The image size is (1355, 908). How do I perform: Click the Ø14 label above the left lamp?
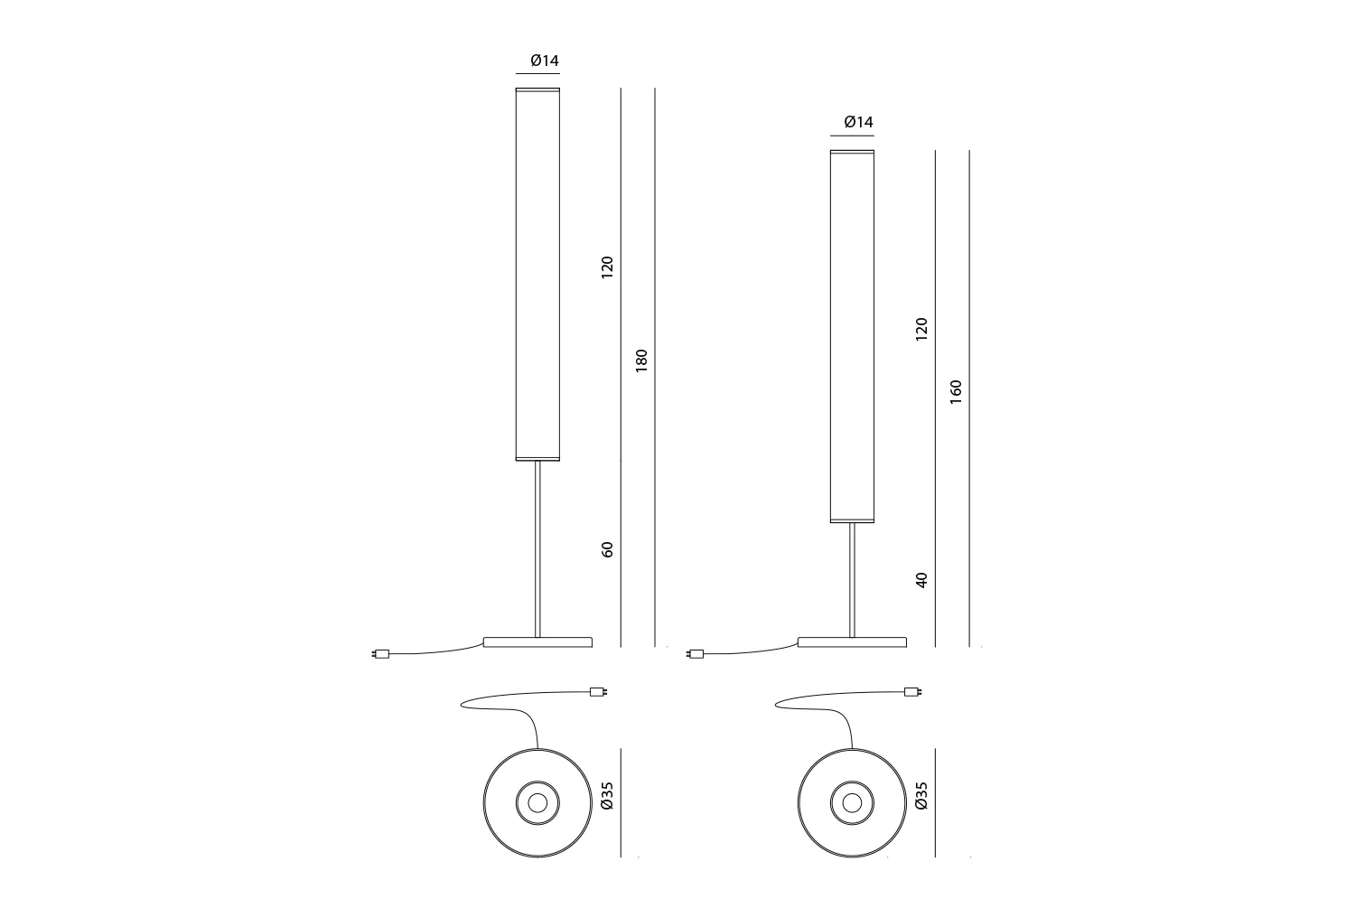point(545,61)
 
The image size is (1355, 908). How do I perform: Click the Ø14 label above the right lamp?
point(858,122)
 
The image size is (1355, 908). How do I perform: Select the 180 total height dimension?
point(641,360)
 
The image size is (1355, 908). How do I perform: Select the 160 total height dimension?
point(956,392)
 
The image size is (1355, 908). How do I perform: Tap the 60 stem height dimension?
point(607,549)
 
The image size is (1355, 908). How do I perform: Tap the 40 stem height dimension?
point(921,580)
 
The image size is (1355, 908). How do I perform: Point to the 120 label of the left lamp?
point(607,267)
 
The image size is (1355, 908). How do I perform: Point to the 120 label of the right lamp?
point(921,329)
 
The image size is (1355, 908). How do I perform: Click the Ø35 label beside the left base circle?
point(607,795)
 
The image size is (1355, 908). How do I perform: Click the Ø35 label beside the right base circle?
point(920,795)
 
